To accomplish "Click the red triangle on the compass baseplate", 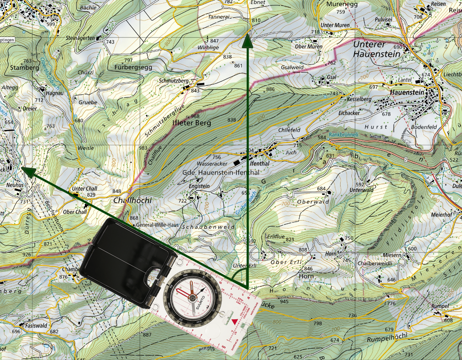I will click(235, 321).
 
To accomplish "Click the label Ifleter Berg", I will click(192, 123).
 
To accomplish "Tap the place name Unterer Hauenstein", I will click(376, 49).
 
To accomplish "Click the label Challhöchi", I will click(133, 200).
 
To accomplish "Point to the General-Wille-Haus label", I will click(154, 225).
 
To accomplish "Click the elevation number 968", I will click(195, 116).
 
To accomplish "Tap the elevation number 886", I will click(270, 89).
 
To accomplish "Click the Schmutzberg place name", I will click(174, 81).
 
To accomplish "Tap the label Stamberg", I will click(24, 67).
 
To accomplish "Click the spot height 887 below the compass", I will click(147, 335).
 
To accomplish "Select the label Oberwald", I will click(313, 202).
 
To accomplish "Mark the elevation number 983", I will click(143, 148).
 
